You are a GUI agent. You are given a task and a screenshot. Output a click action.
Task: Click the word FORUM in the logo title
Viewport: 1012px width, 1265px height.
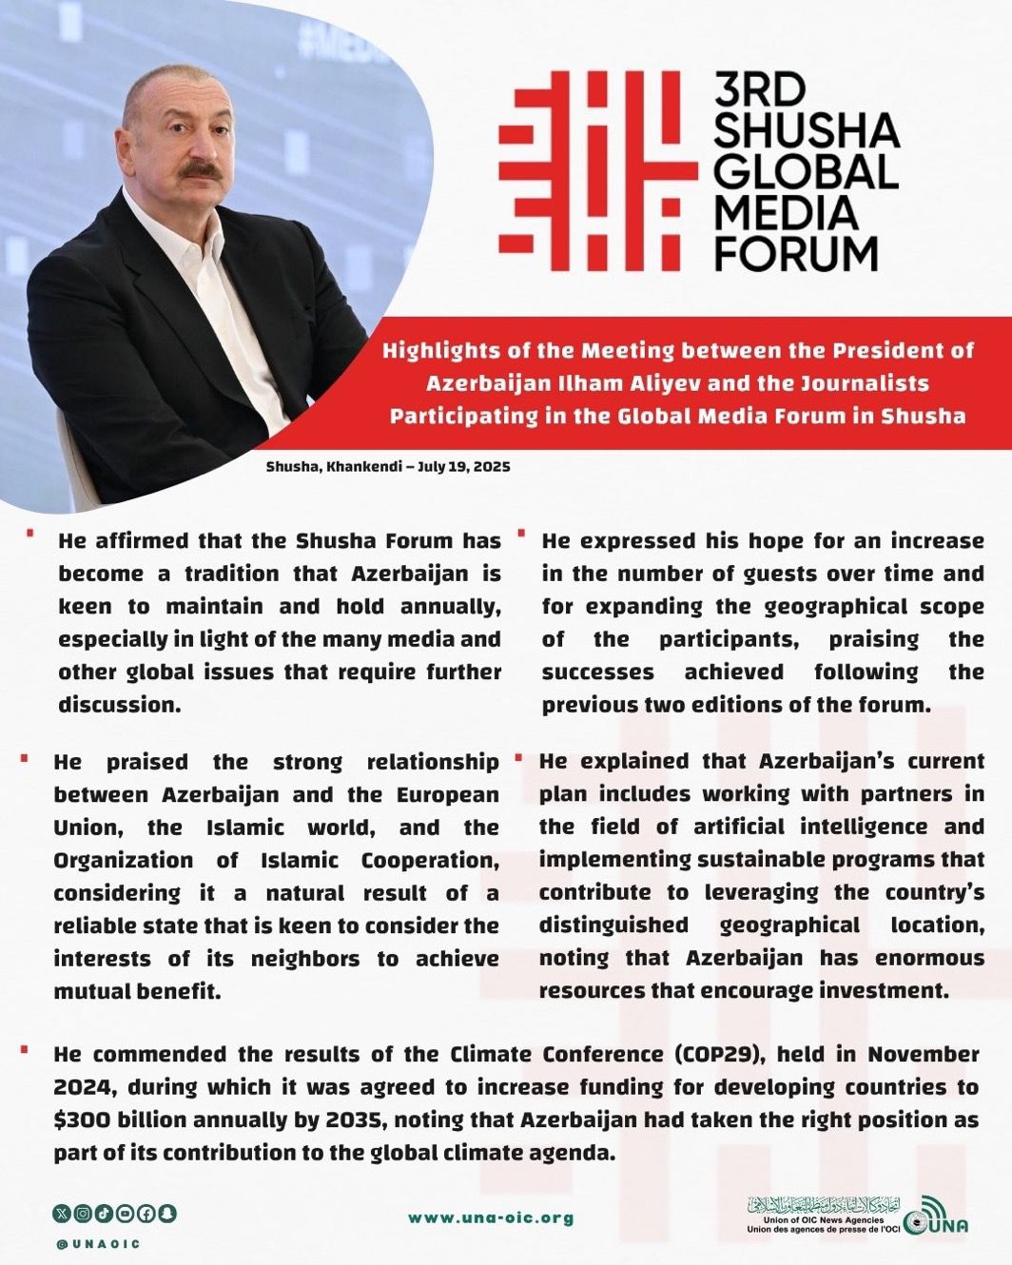pyautogui.click(x=796, y=253)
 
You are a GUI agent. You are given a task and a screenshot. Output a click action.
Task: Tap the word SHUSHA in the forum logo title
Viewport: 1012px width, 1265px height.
pyautogui.click(x=806, y=130)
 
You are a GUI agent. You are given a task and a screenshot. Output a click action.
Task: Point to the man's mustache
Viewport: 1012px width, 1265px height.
pyautogui.click(x=201, y=171)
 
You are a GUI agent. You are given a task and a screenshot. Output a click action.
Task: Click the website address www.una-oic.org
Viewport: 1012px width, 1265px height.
pyautogui.click(x=491, y=1218)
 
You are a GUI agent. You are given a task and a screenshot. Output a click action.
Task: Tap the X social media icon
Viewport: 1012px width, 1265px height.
pyautogui.click(x=62, y=1214)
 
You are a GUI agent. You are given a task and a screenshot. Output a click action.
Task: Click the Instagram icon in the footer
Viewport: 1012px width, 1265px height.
pyautogui.click(x=83, y=1214)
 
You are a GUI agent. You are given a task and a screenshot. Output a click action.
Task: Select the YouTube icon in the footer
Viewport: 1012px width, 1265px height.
pyautogui.click(x=125, y=1214)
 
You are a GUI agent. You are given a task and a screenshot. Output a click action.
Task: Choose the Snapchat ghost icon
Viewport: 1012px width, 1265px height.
pyautogui.click(x=167, y=1214)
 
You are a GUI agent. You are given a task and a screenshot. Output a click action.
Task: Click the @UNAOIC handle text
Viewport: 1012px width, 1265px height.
pyautogui.click(x=98, y=1243)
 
